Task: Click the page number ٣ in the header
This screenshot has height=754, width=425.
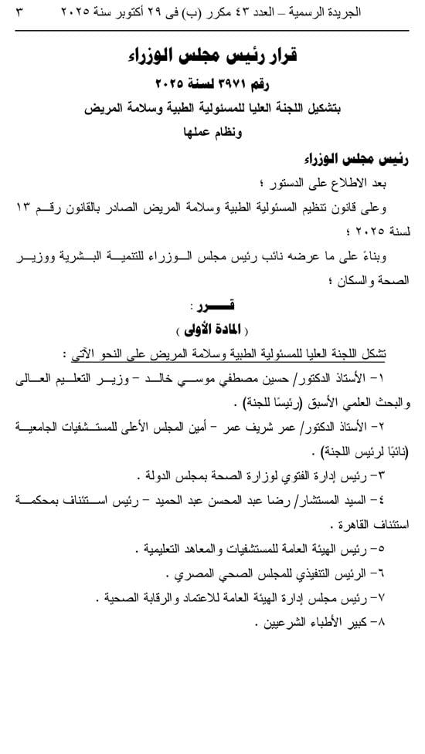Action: pyautogui.click(x=19, y=12)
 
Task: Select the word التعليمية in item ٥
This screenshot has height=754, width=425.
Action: pyautogui.click(x=167, y=549)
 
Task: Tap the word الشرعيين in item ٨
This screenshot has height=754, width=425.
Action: pyautogui.click(x=278, y=623)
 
